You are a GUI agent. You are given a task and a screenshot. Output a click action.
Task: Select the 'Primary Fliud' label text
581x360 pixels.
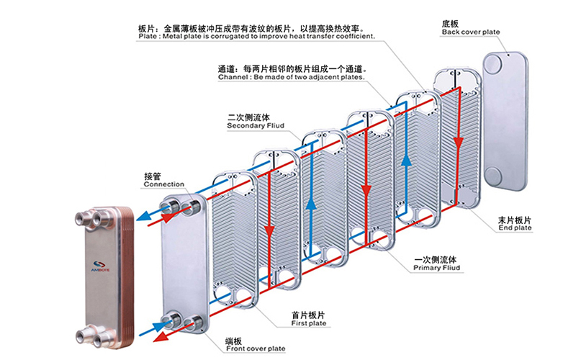tap(437, 268)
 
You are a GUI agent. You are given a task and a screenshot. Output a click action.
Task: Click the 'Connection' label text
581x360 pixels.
tap(164, 184)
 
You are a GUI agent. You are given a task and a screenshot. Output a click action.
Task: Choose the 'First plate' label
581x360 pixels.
tap(308, 323)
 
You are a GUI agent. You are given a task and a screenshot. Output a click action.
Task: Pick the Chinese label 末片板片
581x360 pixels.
tap(515, 218)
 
